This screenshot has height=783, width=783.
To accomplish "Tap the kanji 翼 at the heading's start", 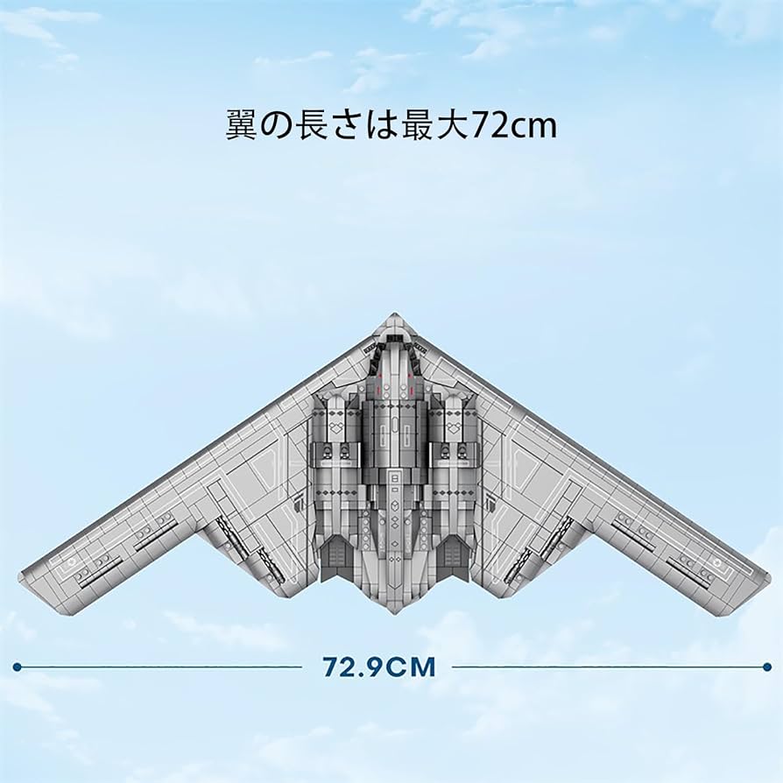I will tap(243, 124).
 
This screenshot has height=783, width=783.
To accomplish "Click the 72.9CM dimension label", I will tap(378, 667).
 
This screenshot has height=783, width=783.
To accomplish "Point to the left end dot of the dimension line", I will tap(17, 667).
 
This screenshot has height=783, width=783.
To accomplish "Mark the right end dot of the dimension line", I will tap(767, 667).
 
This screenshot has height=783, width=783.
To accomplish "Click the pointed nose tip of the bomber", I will tap(391, 315).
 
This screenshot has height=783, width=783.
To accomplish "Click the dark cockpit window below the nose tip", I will tap(391, 336).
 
